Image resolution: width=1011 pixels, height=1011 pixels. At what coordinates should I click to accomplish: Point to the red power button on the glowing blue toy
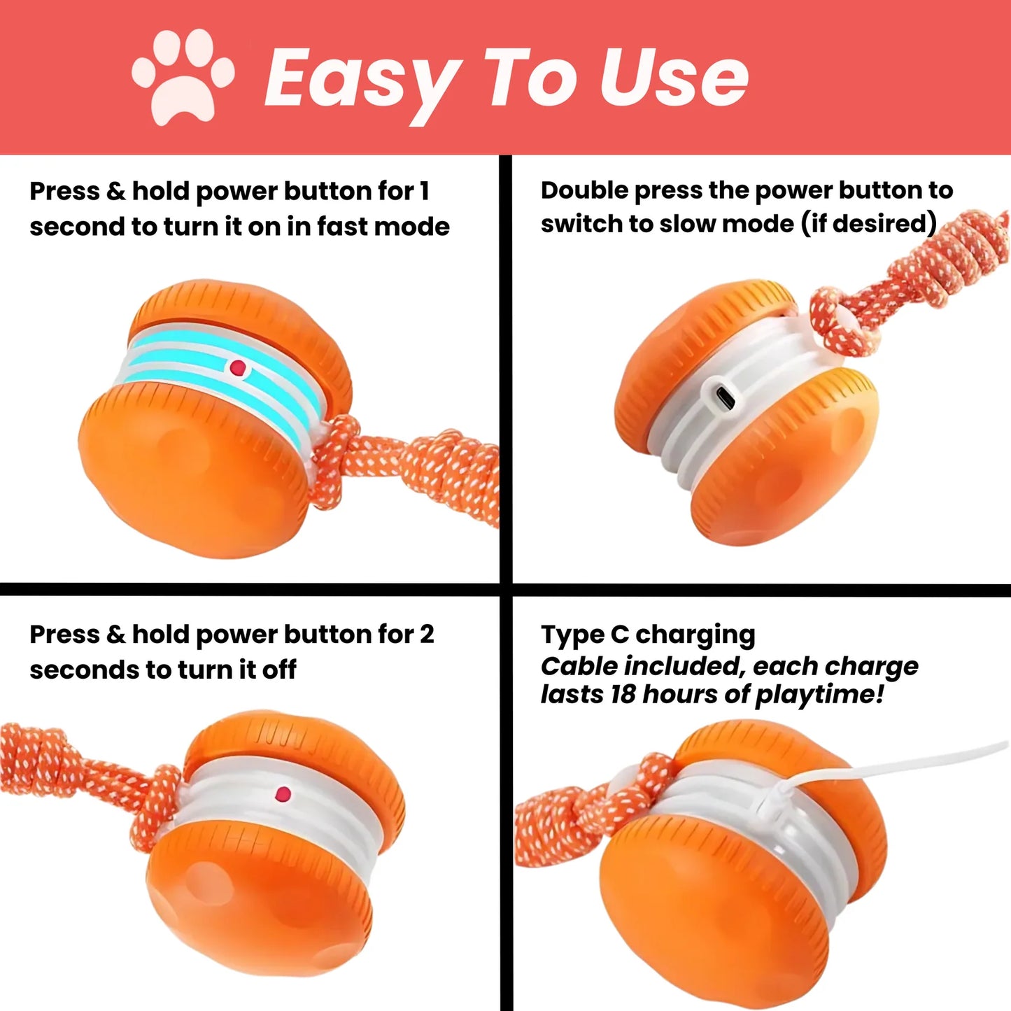click(238, 367)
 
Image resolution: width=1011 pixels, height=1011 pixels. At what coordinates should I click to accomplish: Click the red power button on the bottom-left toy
click(283, 794)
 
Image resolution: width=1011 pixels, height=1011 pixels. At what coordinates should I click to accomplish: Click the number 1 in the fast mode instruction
click(423, 191)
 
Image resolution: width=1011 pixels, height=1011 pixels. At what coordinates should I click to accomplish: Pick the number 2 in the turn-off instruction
click(426, 634)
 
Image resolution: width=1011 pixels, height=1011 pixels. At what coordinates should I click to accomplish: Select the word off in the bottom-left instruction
click(279, 670)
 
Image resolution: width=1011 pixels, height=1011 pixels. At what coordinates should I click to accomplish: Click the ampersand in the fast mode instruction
click(115, 191)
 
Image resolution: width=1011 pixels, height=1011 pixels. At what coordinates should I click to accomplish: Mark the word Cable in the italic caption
click(578, 666)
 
